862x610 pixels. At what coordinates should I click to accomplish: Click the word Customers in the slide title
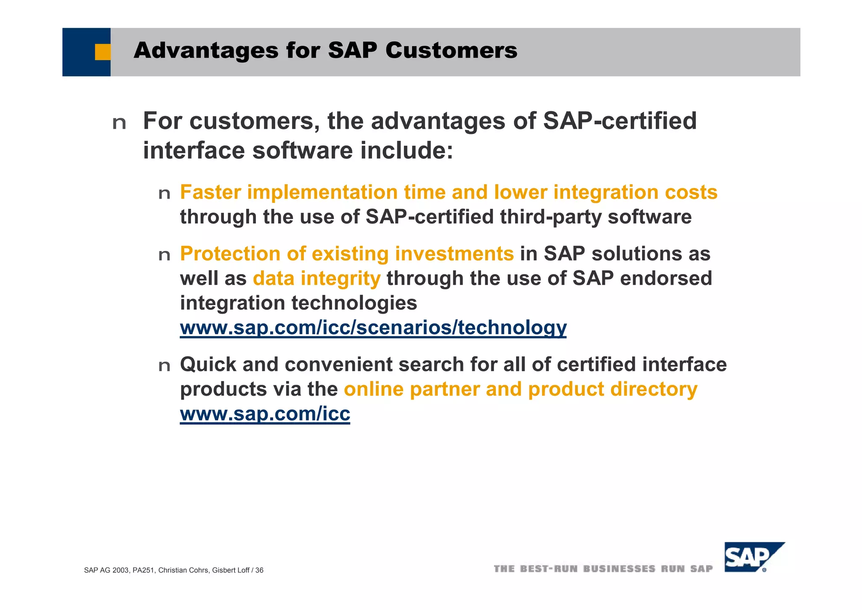pyautogui.click(x=451, y=51)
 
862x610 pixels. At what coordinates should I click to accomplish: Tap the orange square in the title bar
pyautogui.click(x=102, y=52)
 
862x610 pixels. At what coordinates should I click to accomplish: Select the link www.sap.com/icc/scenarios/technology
pyautogui.click(x=373, y=328)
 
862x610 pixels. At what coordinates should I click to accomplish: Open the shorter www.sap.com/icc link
pyautogui.click(x=265, y=414)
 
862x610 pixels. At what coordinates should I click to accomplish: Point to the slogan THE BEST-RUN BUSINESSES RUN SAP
pyautogui.click(x=603, y=569)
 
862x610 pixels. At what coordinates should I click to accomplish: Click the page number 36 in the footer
pyautogui.click(x=259, y=570)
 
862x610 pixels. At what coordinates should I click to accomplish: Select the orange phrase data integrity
pyautogui.click(x=316, y=279)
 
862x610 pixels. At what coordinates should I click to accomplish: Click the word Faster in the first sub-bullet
pyautogui.click(x=210, y=192)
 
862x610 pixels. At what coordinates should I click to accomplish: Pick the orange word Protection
pyautogui.click(x=230, y=254)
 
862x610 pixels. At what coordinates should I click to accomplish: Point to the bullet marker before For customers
pyautogui.click(x=119, y=123)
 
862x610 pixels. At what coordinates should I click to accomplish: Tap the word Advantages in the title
pyautogui.click(x=206, y=51)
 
